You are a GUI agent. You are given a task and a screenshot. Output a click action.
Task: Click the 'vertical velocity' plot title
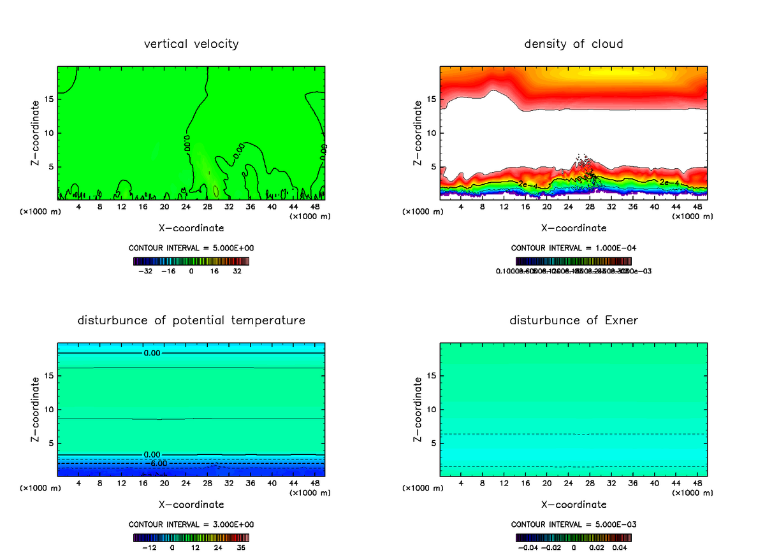pyautogui.click(x=191, y=44)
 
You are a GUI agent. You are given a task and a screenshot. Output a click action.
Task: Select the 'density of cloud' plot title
pyautogui.click(x=574, y=44)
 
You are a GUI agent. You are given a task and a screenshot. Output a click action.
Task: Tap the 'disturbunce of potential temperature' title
pyautogui.click(x=191, y=320)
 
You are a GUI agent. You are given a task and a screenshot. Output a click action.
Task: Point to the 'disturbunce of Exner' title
pyautogui.click(x=574, y=320)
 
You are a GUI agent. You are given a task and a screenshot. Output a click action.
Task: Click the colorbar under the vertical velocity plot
pyautogui.click(x=191, y=261)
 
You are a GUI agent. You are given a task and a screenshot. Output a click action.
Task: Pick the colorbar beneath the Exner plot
pyautogui.click(x=574, y=538)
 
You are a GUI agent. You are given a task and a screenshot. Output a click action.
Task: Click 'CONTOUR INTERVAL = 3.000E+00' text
pyautogui.click(x=191, y=524)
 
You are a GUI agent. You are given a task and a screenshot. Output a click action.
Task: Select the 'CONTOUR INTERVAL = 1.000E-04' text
pyautogui.click(x=574, y=248)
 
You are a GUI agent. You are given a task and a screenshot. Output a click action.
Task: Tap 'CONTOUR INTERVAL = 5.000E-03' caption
pyautogui.click(x=574, y=524)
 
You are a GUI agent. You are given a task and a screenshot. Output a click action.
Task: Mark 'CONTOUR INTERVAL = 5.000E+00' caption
pyautogui.click(x=191, y=248)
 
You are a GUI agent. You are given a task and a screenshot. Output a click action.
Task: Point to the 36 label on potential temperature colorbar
pyautogui.click(x=241, y=547)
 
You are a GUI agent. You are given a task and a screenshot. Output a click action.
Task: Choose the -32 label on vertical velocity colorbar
pyautogui.click(x=146, y=271)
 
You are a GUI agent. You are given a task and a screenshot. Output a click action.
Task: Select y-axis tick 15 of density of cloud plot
pyautogui.click(x=430, y=99)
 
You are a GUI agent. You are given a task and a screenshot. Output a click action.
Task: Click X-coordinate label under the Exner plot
pyautogui.click(x=574, y=505)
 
